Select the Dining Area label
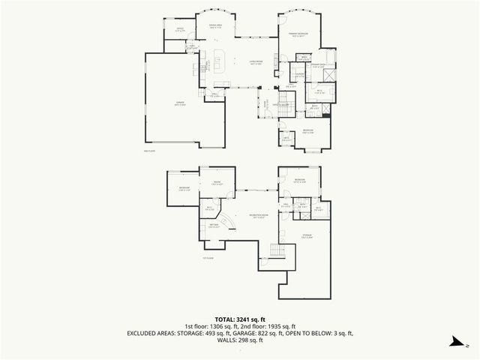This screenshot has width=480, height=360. point(217,28)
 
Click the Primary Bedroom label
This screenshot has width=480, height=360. point(301,34)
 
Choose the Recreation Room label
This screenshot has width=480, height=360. point(257,216)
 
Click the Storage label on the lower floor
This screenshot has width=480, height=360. point(307,237)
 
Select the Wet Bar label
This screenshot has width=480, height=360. point(214,225)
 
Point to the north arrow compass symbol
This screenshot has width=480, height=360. point(454,343)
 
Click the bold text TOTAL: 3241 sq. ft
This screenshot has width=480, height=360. point(239,319)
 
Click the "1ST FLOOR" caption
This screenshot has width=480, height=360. point(208,259)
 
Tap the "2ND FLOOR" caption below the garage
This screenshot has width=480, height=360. point(148,151)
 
